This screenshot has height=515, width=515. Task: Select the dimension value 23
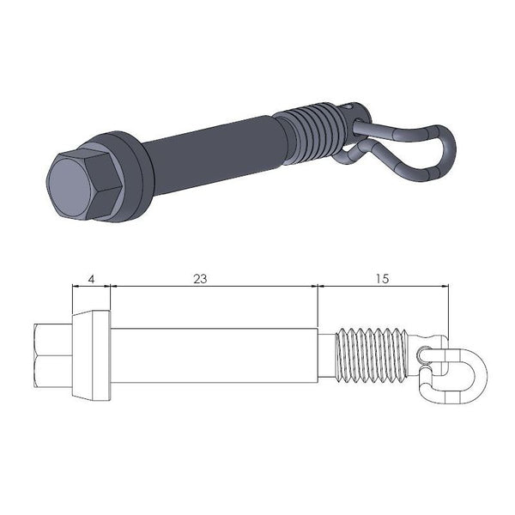pyautogui.click(x=200, y=279)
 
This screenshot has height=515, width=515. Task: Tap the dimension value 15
pyautogui.click(x=383, y=279)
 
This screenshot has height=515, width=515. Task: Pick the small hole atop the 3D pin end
pyautogui.click(x=354, y=107)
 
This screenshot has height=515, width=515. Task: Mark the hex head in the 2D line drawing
pyautogui.click(x=53, y=355)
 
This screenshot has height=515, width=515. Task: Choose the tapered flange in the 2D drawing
pyautogui.click(x=91, y=355)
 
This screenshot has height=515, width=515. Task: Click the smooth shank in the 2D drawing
pyautogui.click(x=215, y=355)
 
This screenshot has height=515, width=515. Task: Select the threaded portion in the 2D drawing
pyautogui.click(x=369, y=355)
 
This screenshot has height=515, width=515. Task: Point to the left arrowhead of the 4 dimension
pyautogui.click(x=76, y=287)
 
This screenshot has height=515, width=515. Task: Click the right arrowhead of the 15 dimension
pyautogui.click(x=445, y=287)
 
